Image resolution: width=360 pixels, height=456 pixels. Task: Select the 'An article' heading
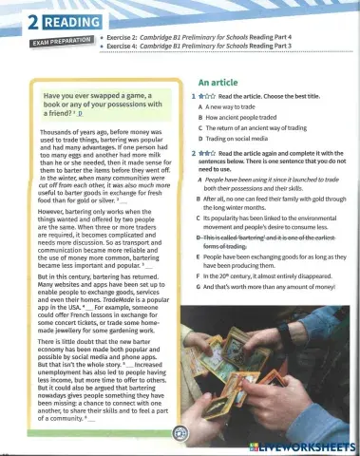click(218, 83)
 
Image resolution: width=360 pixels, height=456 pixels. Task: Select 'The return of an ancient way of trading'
click(266, 139)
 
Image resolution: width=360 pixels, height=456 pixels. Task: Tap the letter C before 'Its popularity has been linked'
click(199, 218)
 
